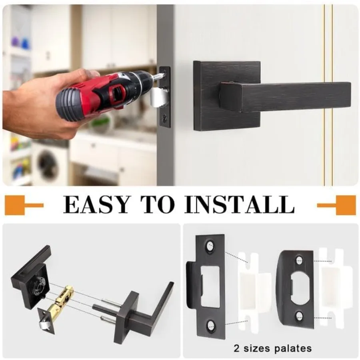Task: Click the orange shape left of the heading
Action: coord(20,205)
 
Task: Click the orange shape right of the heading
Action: coord(340,205)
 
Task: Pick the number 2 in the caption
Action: coord(236,347)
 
